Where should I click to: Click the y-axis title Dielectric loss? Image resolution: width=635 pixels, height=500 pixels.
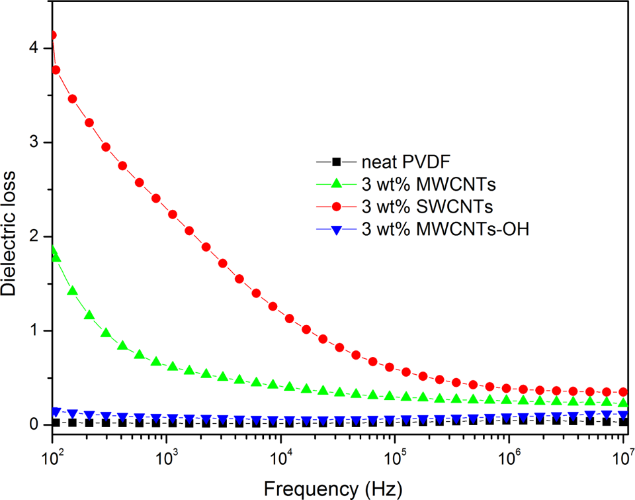coord(8,233)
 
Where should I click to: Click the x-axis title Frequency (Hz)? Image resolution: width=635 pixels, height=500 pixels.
coord(333,489)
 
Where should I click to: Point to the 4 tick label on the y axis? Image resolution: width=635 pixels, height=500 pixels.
coord(34,48)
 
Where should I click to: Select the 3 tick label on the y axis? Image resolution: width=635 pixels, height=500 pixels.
coord(34,142)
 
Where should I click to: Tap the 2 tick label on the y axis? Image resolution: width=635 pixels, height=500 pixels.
coord(34,236)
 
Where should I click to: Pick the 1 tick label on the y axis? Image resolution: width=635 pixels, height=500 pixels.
coord(34,330)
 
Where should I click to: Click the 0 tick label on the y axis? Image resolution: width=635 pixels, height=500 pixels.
coord(34,424)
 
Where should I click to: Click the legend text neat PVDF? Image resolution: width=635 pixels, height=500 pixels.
coord(405,162)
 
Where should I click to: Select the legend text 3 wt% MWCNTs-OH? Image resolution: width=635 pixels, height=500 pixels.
coord(445,229)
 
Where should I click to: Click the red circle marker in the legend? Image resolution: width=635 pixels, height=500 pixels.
coord(336,207)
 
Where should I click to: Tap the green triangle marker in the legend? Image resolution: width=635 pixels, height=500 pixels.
coord(336,183)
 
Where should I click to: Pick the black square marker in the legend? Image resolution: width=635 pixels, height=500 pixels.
coord(336,162)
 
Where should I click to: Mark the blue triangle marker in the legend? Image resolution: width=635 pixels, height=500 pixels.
coord(336,230)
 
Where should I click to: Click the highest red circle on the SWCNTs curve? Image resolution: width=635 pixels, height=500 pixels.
coord(52,35)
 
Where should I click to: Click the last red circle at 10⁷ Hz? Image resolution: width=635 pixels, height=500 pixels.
coord(623,392)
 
